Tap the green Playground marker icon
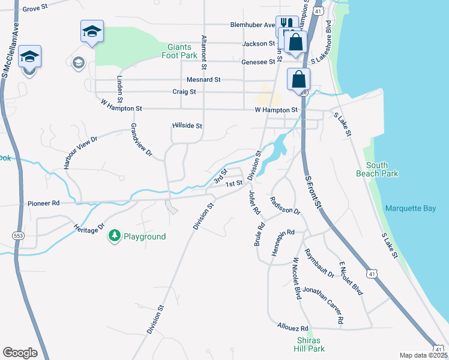tap(114, 236)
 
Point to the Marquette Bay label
tap(412, 209)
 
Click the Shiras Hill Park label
tap(310, 344)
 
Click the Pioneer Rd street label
tap(43, 204)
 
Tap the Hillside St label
tap(187, 126)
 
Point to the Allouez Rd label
tap(292, 328)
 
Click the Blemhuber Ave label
tap(252, 25)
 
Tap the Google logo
tap(20, 353)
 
